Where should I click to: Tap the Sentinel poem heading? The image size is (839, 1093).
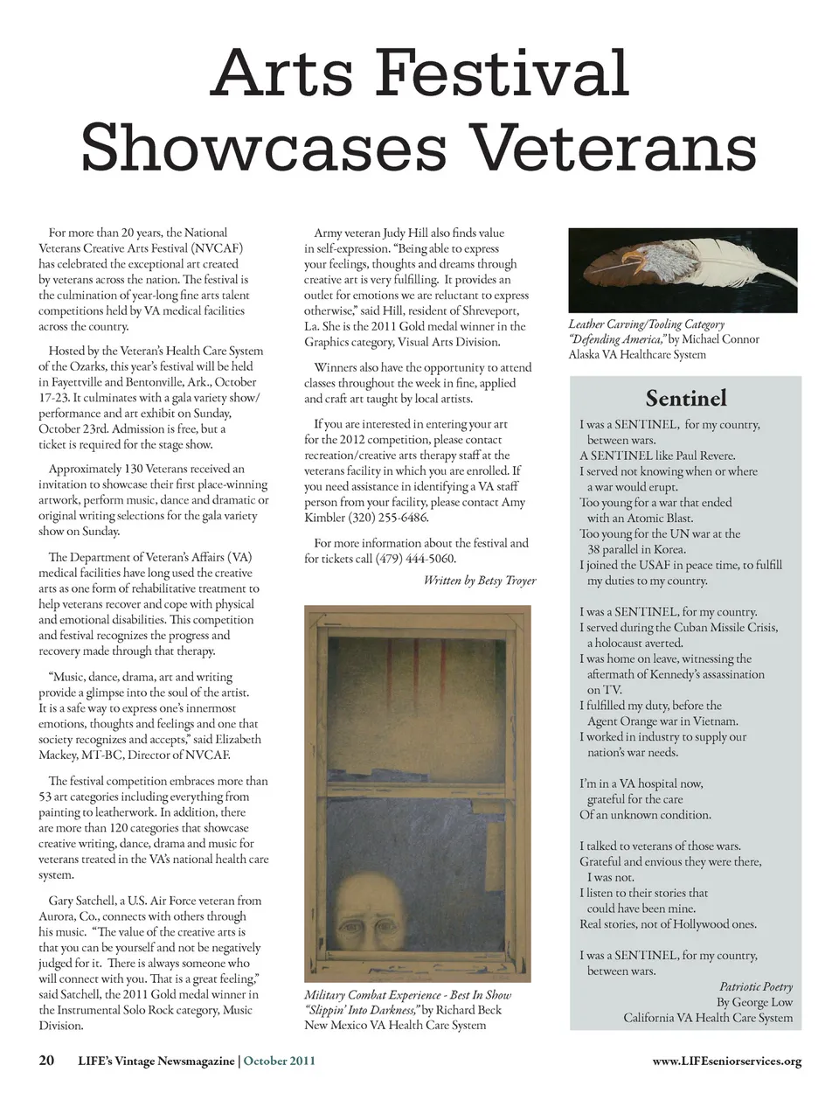pyautogui.click(x=685, y=399)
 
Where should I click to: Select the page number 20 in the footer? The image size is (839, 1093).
pyautogui.click(x=46, y=1061)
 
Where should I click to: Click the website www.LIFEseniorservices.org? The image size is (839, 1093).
pyautogui.click(x=726, y=1062)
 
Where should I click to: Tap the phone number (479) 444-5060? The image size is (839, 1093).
pyautogui.click(x=415, y=559)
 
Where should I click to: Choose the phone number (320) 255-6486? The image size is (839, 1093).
pyautogui.click(x=390, y=518)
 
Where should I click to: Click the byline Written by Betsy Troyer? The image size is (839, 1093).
pyautogui.click(x=479, y=580)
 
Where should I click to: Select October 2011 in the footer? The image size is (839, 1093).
pyautogui.click(x=279, y=1062)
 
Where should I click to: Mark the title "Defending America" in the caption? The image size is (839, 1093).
pyautogui.click(x=617, y=339)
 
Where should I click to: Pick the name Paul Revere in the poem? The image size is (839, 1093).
pyautogui.click(x=704, y=456)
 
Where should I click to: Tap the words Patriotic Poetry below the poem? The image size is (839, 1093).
pyautogui.click(x=755, y=986)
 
